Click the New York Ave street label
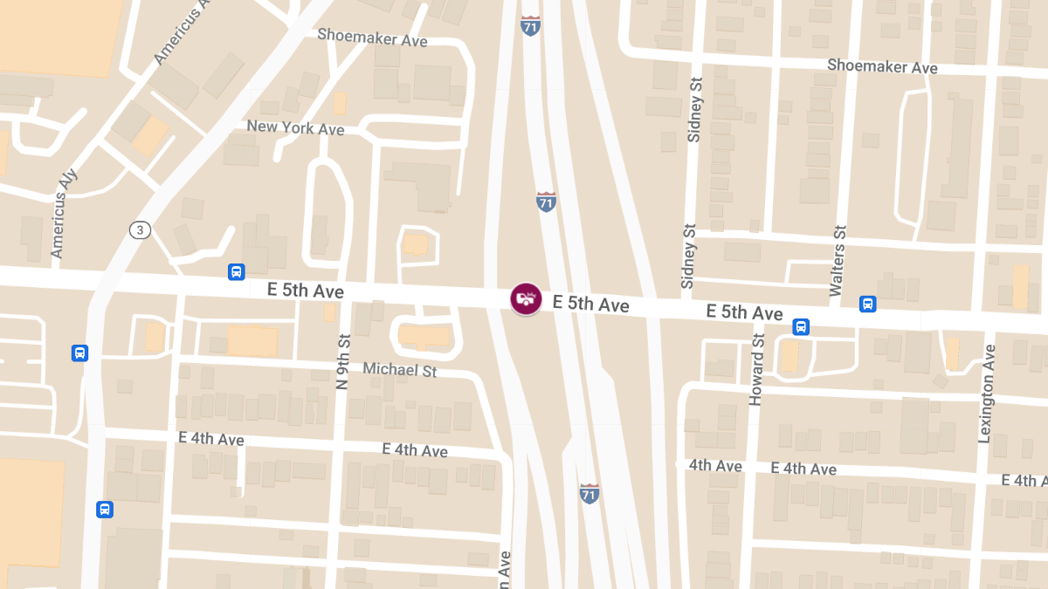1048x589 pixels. pos(295,127)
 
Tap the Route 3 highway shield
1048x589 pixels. pos(140,230)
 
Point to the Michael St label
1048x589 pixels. pos(399,370)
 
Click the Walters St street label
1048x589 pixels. pos(839,260)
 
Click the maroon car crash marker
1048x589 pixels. pos(526,298)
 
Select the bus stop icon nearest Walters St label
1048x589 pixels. pos(867,304)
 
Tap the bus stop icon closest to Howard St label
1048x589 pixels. pos(801,327)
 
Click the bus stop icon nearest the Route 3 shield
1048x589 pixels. pos(236,271)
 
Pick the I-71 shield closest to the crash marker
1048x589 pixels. pos(546,202)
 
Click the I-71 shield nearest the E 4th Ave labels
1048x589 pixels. pos(589,493)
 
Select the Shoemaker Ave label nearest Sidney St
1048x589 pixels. pos(882,66)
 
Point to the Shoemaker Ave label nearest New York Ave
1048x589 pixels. pos(372,38)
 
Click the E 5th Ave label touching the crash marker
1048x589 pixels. pos(591,304)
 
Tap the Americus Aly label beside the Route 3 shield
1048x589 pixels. pos(65,213)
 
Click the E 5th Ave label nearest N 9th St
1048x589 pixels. pos(306,291)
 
